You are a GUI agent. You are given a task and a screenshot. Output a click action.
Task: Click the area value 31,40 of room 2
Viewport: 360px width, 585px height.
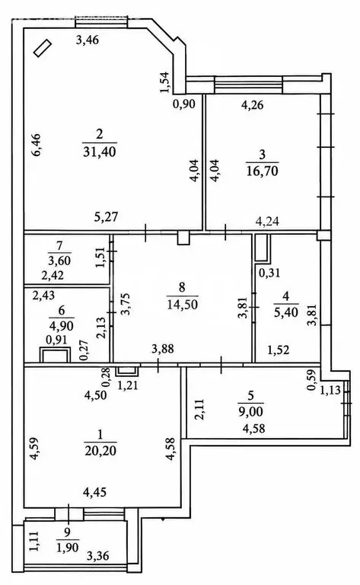tap(100, 152)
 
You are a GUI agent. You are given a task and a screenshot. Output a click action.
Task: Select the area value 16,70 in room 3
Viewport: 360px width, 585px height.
tap(263, 171)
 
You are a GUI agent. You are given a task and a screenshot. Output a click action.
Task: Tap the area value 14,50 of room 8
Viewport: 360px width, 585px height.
tap(182, 304)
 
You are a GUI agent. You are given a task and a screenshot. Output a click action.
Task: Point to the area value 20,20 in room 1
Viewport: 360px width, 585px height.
tap(100, 451)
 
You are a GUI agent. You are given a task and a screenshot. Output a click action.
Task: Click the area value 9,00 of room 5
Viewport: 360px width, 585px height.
tap(250, 411)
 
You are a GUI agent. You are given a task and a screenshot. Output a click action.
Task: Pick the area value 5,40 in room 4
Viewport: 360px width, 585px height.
tap(286, 312)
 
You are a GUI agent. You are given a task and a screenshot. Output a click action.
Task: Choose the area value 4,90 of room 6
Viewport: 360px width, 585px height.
tap(61, 326)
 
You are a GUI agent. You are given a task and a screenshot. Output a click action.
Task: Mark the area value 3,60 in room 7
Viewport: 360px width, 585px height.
tap(59, 261)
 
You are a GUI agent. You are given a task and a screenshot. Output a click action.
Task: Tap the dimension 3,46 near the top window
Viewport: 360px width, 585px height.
tap(88, 40)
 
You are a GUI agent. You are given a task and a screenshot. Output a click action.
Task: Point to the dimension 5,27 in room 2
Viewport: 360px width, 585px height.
tap(107, 217)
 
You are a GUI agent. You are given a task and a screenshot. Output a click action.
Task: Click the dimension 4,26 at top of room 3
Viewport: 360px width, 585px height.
tap(252, 105)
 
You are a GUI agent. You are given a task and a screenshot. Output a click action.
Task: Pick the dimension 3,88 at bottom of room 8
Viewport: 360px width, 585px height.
tap(163, 349)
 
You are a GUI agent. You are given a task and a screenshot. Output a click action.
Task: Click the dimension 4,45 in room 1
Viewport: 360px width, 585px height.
tap(94, 493)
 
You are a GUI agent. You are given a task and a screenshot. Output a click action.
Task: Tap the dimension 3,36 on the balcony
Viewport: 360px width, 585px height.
tap(98, 556)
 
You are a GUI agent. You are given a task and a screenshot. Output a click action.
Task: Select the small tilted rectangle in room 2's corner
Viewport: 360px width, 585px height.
tap(42, 49)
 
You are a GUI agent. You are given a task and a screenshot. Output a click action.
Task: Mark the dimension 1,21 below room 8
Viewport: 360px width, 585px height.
tap(127, 385)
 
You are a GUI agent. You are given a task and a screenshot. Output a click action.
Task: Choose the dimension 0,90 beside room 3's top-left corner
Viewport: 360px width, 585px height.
tap(184, 104)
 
